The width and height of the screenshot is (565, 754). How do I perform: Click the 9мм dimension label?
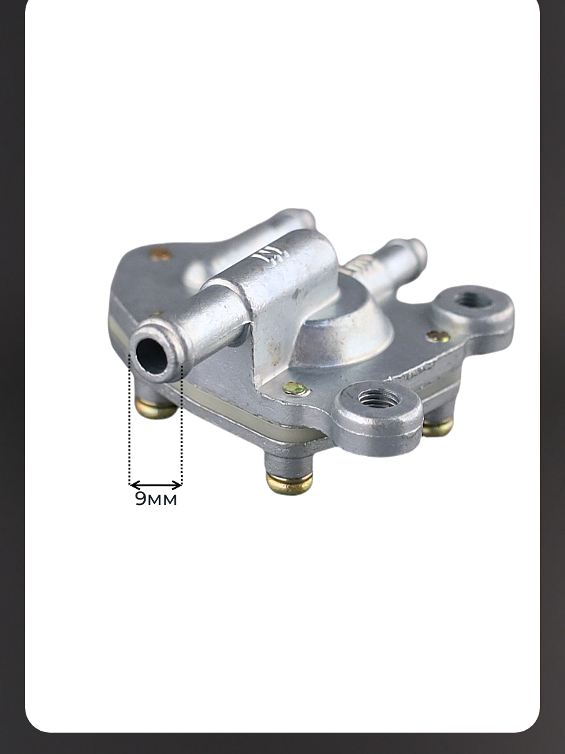[156, 499]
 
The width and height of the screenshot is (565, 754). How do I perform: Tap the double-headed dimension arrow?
[156, 485]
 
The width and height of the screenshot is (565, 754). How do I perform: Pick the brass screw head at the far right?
[438, 428]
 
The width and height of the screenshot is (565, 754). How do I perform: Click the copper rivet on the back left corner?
[161, 254]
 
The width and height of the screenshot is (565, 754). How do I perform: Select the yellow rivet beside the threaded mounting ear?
[295, 388]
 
